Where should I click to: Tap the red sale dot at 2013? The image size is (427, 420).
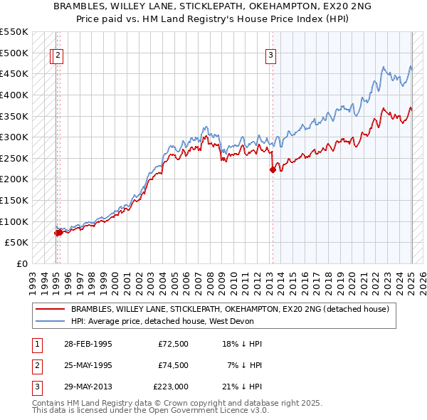pos(272,169)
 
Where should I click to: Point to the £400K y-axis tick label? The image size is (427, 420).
pos(14,95)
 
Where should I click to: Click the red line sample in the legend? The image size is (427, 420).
pos(51,310)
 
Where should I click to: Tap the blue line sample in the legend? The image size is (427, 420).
pos(51,321)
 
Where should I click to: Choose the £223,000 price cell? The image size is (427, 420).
pos(171,387)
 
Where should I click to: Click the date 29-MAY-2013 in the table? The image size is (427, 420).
pos(88,387)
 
